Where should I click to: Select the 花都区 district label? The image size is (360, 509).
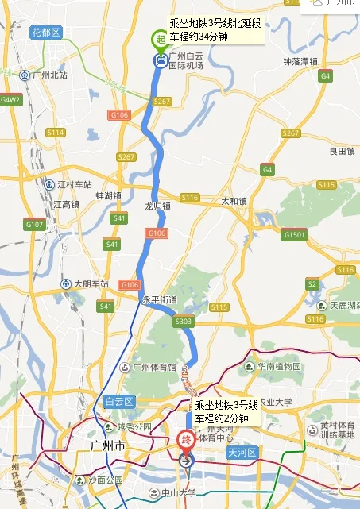[45, 33]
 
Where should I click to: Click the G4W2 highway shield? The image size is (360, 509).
[10, 101]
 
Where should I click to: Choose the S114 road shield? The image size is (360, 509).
[55, 133]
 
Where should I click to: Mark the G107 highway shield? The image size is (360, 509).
[34, 225]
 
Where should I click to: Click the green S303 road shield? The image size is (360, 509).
[183, 321]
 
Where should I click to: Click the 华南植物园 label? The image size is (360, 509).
[279, 367]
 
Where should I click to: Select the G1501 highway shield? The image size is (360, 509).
[295, 234]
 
